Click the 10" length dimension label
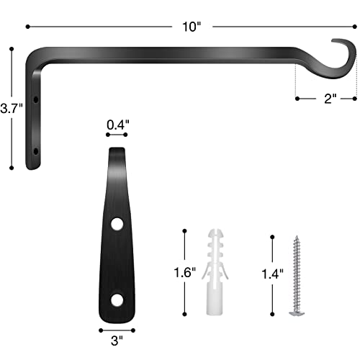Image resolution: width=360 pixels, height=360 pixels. coord(192,27)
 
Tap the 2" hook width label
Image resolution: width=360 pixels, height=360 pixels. coord(331,100)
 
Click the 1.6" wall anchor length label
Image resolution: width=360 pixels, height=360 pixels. coord(184,274)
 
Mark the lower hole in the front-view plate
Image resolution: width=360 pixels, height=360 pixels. coord(116,299)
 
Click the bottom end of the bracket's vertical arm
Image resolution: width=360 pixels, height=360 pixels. coord(32,166)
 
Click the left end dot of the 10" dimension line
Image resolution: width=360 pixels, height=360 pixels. coord(27,27)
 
